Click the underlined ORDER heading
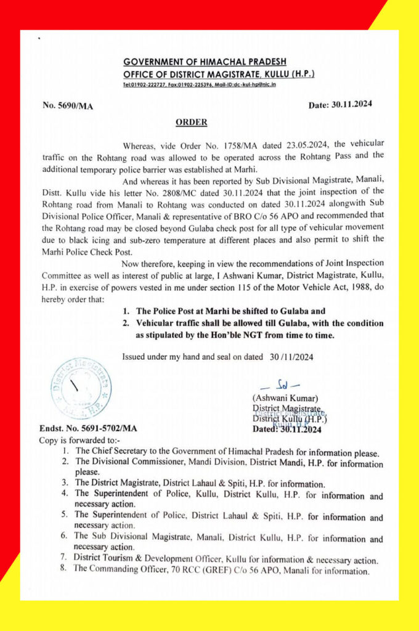point(192,122)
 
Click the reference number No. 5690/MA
point(68,105)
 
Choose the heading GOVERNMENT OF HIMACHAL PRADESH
point(209,62)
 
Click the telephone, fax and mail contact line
point(200,84)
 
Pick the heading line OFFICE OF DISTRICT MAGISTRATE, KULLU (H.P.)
point(218,74)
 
